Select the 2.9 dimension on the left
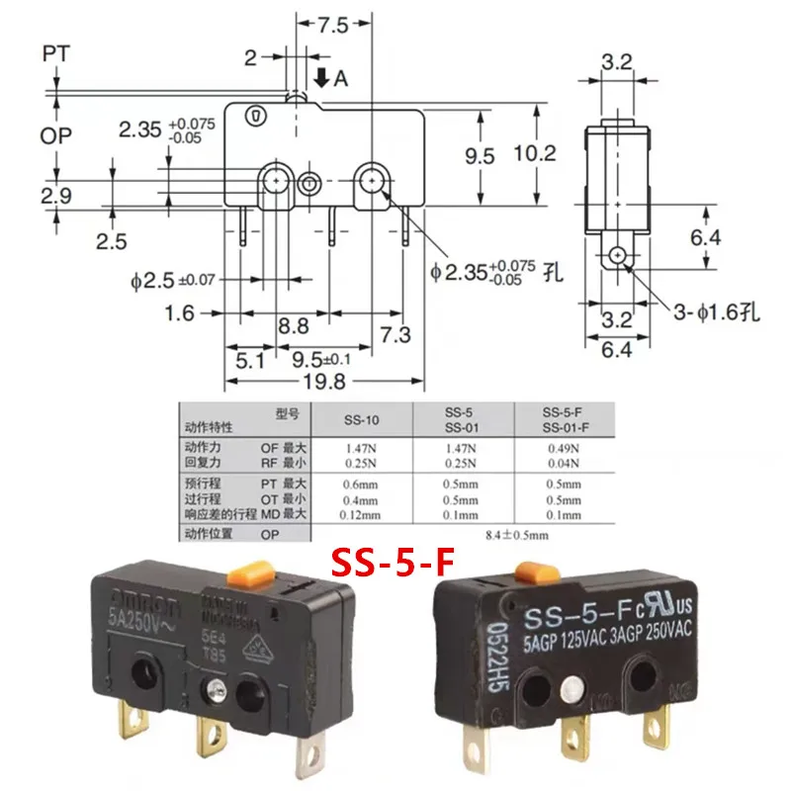coord(57,196)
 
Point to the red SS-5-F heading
coord(392,566)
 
